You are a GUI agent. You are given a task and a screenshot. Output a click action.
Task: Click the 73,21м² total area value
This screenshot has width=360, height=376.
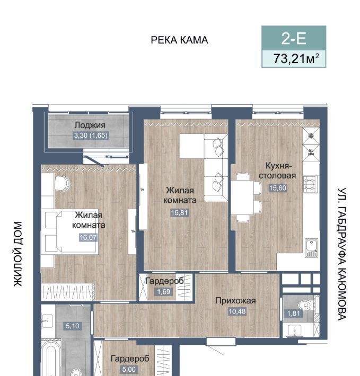[296, 58]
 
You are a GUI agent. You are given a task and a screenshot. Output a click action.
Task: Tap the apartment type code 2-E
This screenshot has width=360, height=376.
[294, 38]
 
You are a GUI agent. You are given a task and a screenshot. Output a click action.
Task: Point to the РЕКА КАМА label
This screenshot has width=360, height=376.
[179, 40]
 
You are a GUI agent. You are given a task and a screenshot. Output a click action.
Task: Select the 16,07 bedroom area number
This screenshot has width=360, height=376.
[88, 237]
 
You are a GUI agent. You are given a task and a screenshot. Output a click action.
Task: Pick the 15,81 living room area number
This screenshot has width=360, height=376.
[179, 213]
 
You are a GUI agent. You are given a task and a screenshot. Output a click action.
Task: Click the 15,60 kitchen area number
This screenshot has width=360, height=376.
[278, 188]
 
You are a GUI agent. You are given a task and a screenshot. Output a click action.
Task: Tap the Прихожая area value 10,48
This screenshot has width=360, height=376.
[237, 311]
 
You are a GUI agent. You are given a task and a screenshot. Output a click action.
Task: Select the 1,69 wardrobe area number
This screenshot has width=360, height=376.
[163, 292]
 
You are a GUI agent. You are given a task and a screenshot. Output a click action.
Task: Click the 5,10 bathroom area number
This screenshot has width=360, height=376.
[73, 326]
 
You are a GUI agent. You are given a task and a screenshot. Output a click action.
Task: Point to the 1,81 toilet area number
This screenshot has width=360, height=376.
[294, 314]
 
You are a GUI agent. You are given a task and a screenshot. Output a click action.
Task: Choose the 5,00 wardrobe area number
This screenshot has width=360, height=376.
[129, 369]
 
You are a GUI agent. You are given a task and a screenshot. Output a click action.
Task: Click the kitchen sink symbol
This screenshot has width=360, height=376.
[311, 248]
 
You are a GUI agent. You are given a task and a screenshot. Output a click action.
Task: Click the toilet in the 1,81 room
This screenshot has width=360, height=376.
[305, 305]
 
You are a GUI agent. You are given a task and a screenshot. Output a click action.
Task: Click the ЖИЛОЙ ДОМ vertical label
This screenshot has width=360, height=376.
[18, 254]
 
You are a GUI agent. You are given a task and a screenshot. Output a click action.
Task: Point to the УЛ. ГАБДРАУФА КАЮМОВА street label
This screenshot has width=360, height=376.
[342, 254]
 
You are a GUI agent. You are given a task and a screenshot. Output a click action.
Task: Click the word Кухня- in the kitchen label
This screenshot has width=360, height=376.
[278, 166]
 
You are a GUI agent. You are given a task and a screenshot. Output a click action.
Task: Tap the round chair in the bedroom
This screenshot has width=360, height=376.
[62, 184]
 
